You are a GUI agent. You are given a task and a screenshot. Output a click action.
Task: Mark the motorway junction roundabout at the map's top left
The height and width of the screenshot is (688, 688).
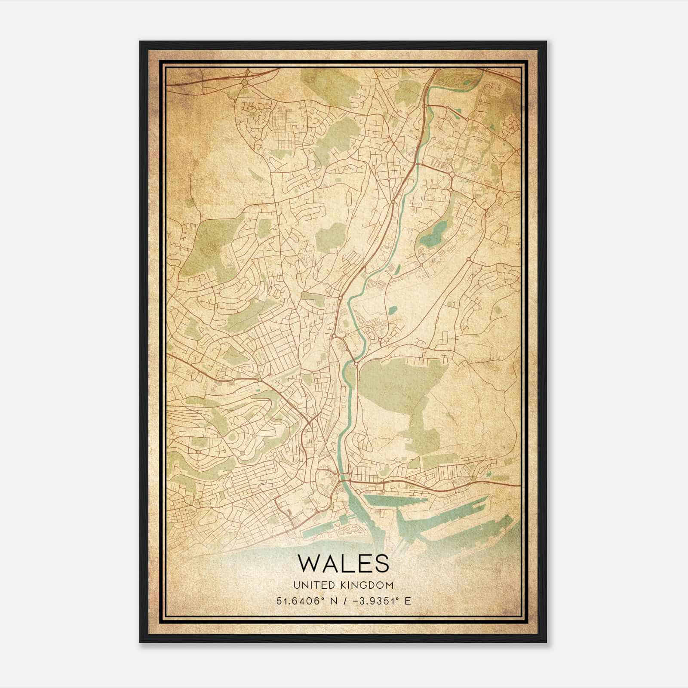point(245,82)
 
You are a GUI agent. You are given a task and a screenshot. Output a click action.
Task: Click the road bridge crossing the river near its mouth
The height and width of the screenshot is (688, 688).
point(344,476)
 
